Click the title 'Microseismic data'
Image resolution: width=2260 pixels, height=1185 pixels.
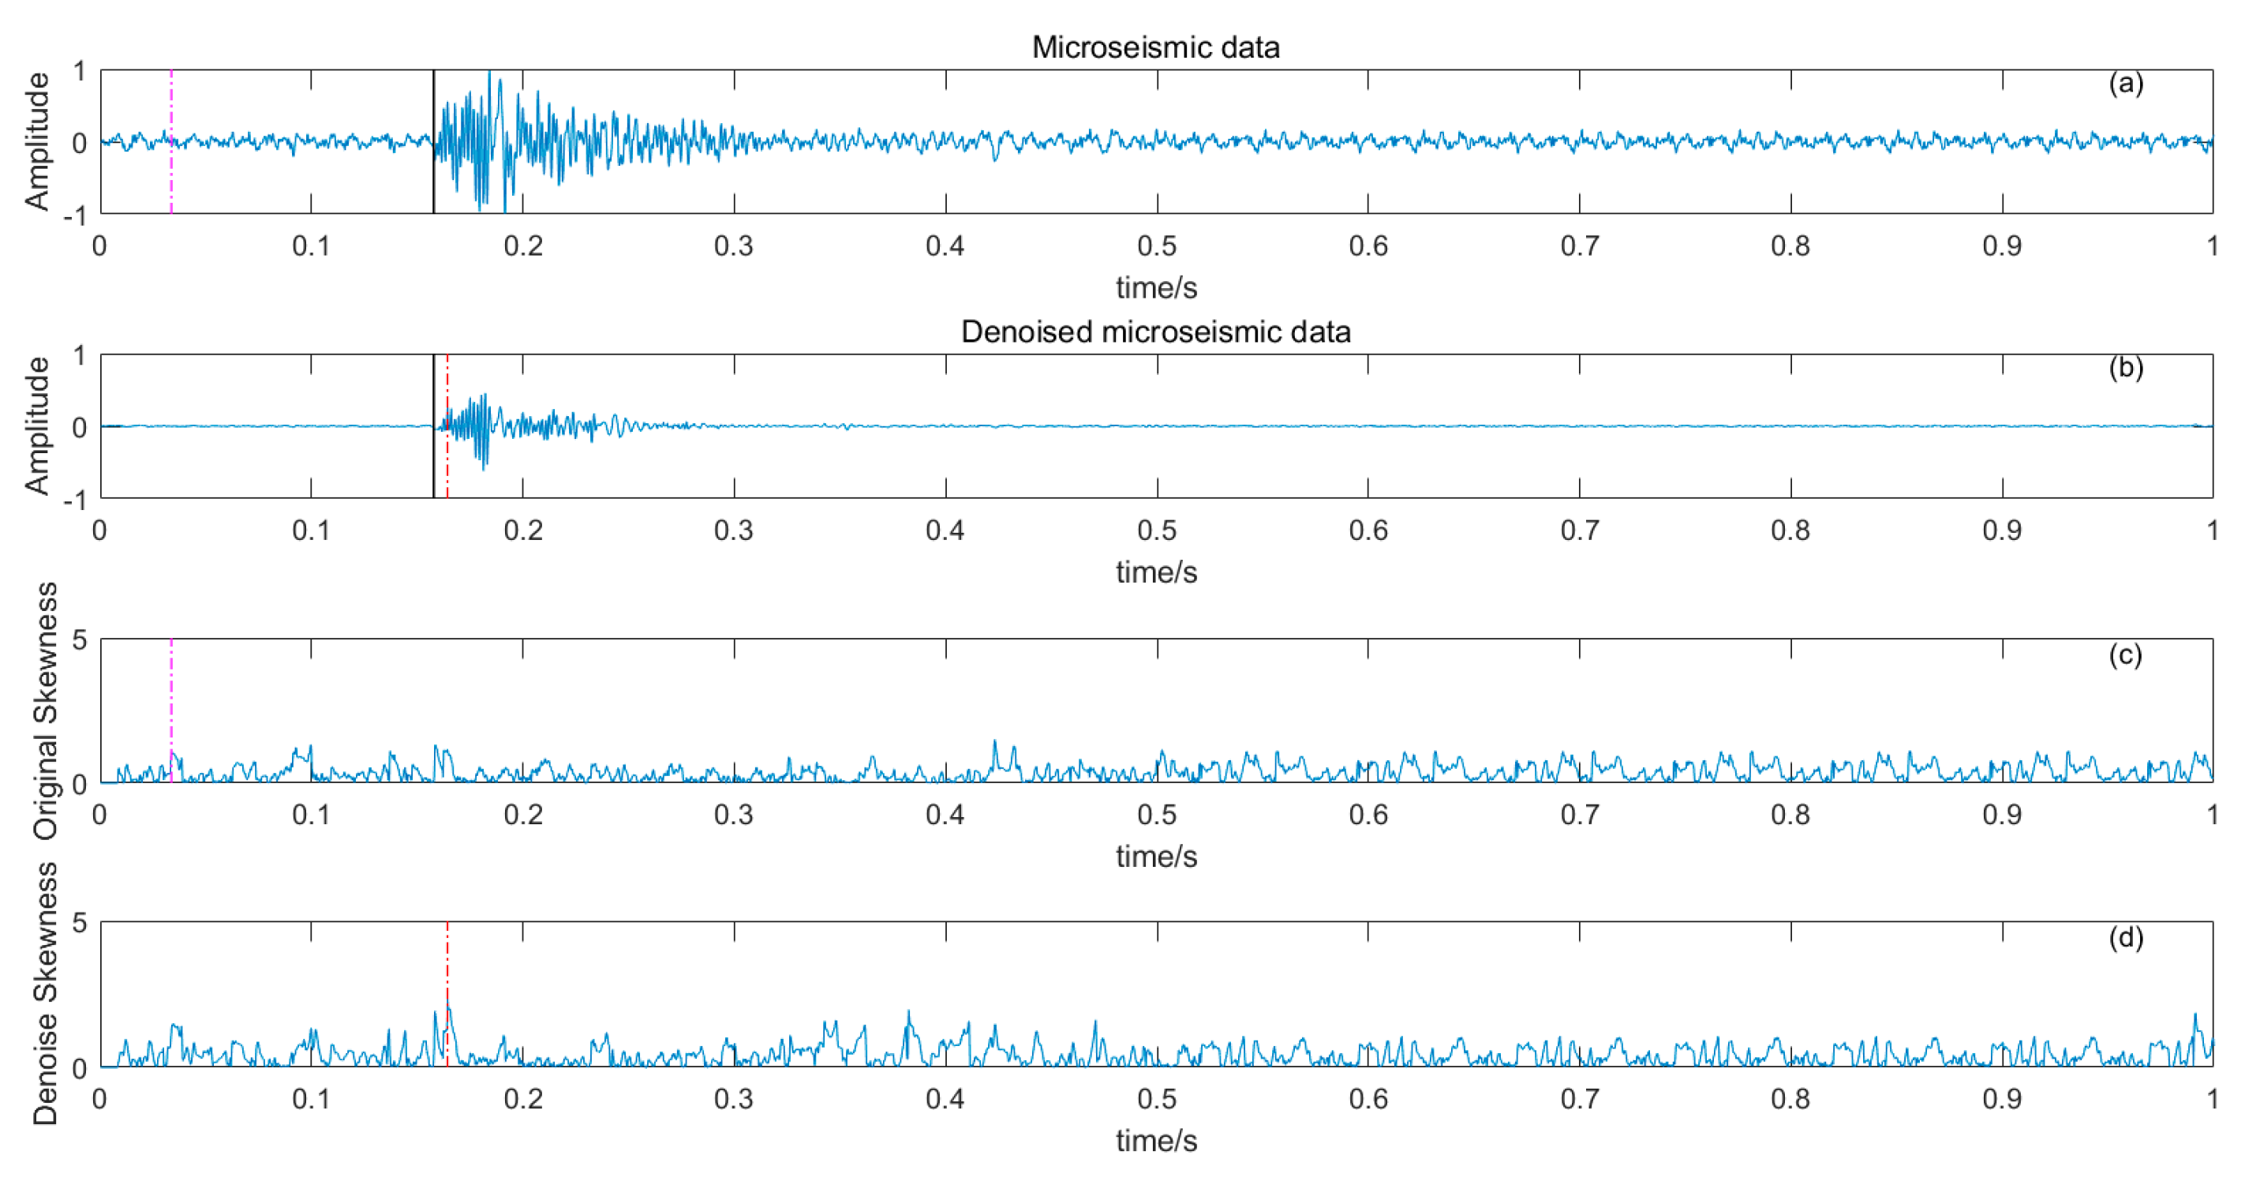(1154, 47)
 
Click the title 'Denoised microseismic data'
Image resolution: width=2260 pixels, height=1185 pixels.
(1154, 332)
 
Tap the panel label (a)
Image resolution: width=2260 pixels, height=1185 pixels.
(2125, 84)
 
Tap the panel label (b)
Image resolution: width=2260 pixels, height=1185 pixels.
(2125, 368)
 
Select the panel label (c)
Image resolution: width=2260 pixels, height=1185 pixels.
(2125, 654)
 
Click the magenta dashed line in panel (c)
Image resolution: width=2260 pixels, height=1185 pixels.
(171, 693)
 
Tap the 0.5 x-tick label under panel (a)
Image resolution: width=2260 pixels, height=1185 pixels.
(1156, 246)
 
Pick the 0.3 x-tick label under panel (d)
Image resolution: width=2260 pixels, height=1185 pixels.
(733, 1099)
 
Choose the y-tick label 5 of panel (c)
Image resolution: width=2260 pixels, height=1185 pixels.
(80, 640)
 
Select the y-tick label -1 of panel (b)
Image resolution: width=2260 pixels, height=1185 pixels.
(76, 501)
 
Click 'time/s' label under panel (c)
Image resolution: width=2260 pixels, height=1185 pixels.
(1155, 857)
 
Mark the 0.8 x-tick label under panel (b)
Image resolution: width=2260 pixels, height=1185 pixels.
(1790, 531)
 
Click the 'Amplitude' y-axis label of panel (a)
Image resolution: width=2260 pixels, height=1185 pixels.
(37, 141)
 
